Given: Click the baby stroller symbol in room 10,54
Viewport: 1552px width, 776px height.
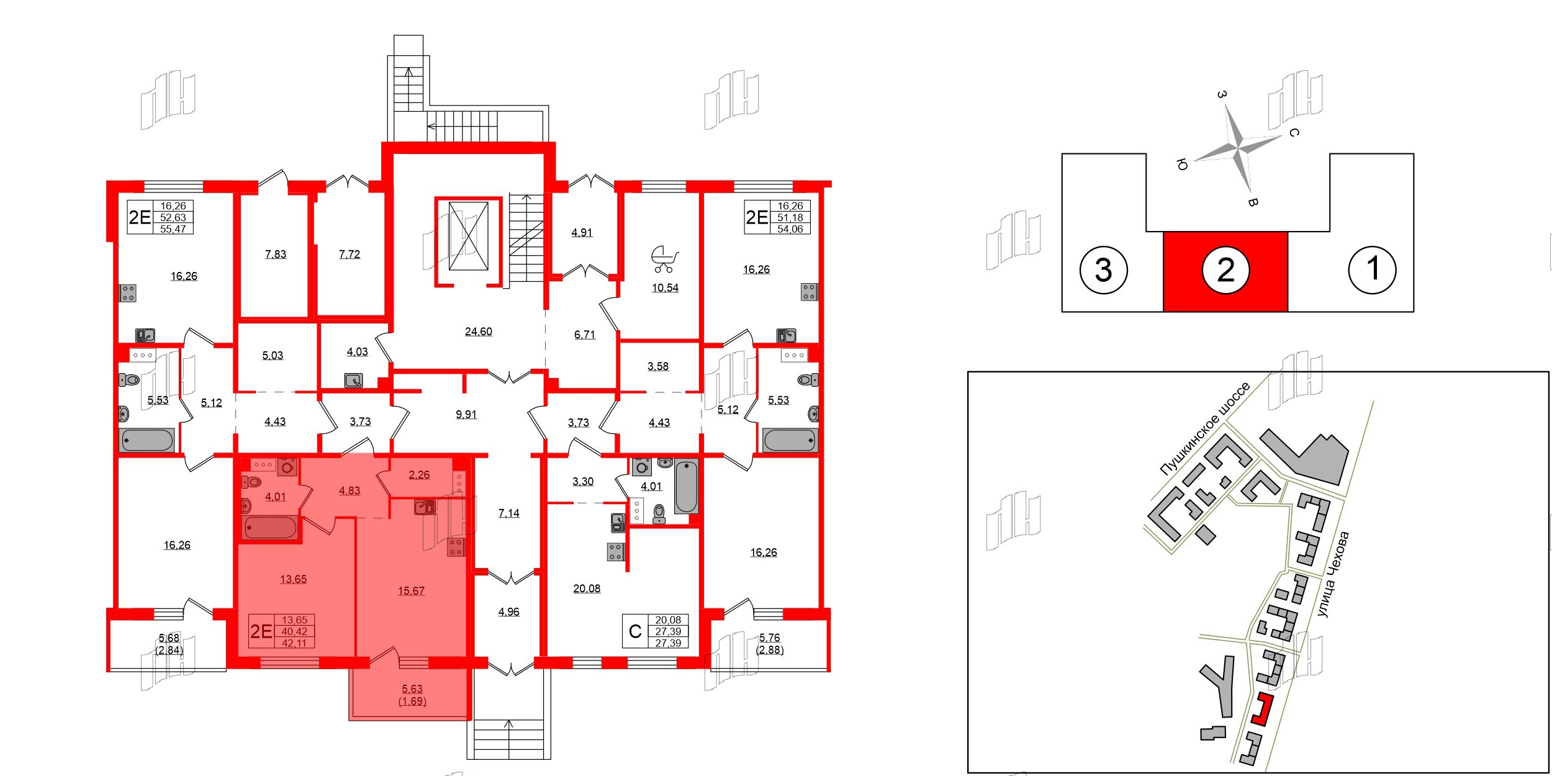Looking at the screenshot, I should [664, 259].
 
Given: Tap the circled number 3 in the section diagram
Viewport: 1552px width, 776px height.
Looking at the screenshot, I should [1103, 270].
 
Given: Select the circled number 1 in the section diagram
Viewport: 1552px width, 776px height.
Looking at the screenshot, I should [1372, 269].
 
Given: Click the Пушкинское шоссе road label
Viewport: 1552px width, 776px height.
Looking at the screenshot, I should [1204, 428].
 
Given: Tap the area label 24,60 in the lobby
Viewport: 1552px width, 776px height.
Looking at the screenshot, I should [478, 332].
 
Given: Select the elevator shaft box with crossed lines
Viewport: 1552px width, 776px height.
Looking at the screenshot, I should [468, 236].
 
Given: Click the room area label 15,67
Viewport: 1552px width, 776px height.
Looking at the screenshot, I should [411, 591].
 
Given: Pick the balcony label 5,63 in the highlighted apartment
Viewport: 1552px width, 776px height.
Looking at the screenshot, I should [412, 688].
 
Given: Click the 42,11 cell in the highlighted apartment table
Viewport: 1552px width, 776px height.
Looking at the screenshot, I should [294, 643].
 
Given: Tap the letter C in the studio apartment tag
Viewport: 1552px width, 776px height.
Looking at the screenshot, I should [634, 631].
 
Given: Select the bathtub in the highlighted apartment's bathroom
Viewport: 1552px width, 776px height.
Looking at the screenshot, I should [271, 528].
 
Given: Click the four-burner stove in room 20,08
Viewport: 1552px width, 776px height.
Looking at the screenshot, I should [615, 551].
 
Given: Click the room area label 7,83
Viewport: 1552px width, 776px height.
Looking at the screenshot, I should [276, 254].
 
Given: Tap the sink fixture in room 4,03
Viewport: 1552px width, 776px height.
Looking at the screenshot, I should [354, 380].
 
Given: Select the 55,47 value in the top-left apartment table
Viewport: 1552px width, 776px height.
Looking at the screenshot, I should [173, 228].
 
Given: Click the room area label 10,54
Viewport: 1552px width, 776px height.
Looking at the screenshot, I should [665, 288].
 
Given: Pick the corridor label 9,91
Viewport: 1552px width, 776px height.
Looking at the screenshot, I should [466, 414].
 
